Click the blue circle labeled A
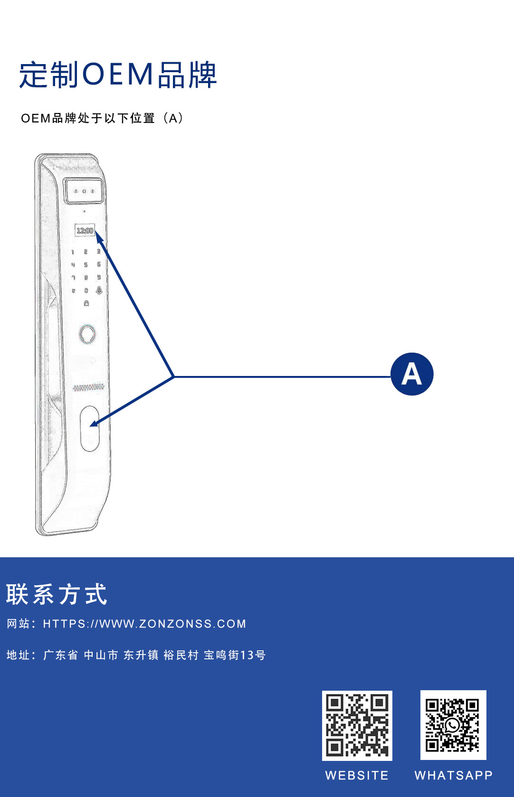click(412, 374)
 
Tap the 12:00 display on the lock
click(85, 231)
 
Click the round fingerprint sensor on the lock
click(87, 334)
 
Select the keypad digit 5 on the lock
click(86, 264)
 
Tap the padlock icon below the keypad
click(86, 303)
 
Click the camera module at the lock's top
click(84, 191)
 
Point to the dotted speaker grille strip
click(88, 387)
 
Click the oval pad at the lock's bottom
click(89, 428)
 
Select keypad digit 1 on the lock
click(73, 252)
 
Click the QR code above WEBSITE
click(357, 725)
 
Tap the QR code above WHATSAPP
click(453, 725)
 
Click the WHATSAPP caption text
click(453, 775)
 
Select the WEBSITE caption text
click(357, 775)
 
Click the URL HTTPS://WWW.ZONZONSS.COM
click(144, 624)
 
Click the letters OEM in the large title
click(118, 75)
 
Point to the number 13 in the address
click(247, 655)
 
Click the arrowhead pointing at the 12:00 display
click(99, 236)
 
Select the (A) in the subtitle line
click(173, 118)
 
